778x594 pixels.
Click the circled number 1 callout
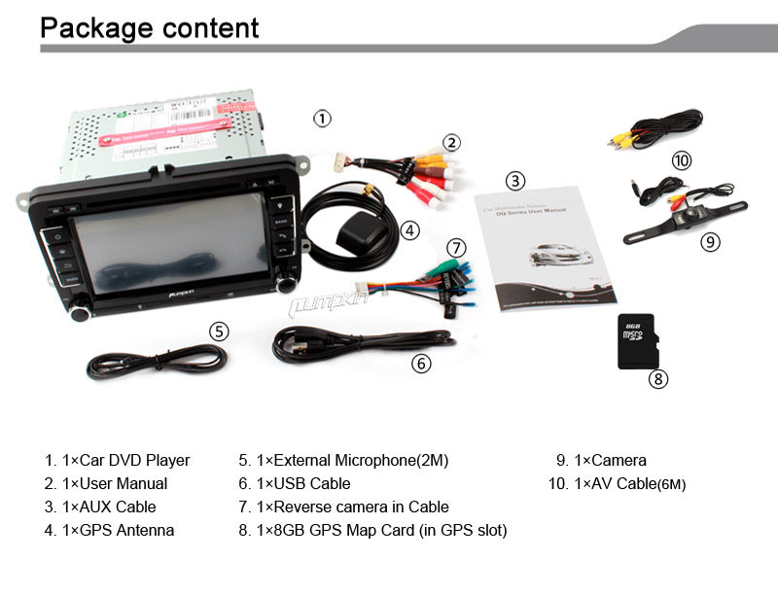tap(322, 119)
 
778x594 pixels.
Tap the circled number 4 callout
tap(409, 230)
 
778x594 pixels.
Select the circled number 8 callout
tap(658, 379)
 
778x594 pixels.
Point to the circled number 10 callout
tap(681, 159)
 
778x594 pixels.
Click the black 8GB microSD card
tap(638, 341)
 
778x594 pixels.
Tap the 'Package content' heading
tap(150, 27)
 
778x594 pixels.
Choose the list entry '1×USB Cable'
tap(294, 483)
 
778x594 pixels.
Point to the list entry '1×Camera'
tap(600, 460)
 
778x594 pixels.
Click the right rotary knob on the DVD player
tap(286, 285)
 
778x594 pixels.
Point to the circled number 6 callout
tap(420, 364)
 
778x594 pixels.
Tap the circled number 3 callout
tap(515, 180)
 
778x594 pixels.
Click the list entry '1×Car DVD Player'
tap(117, 460)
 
